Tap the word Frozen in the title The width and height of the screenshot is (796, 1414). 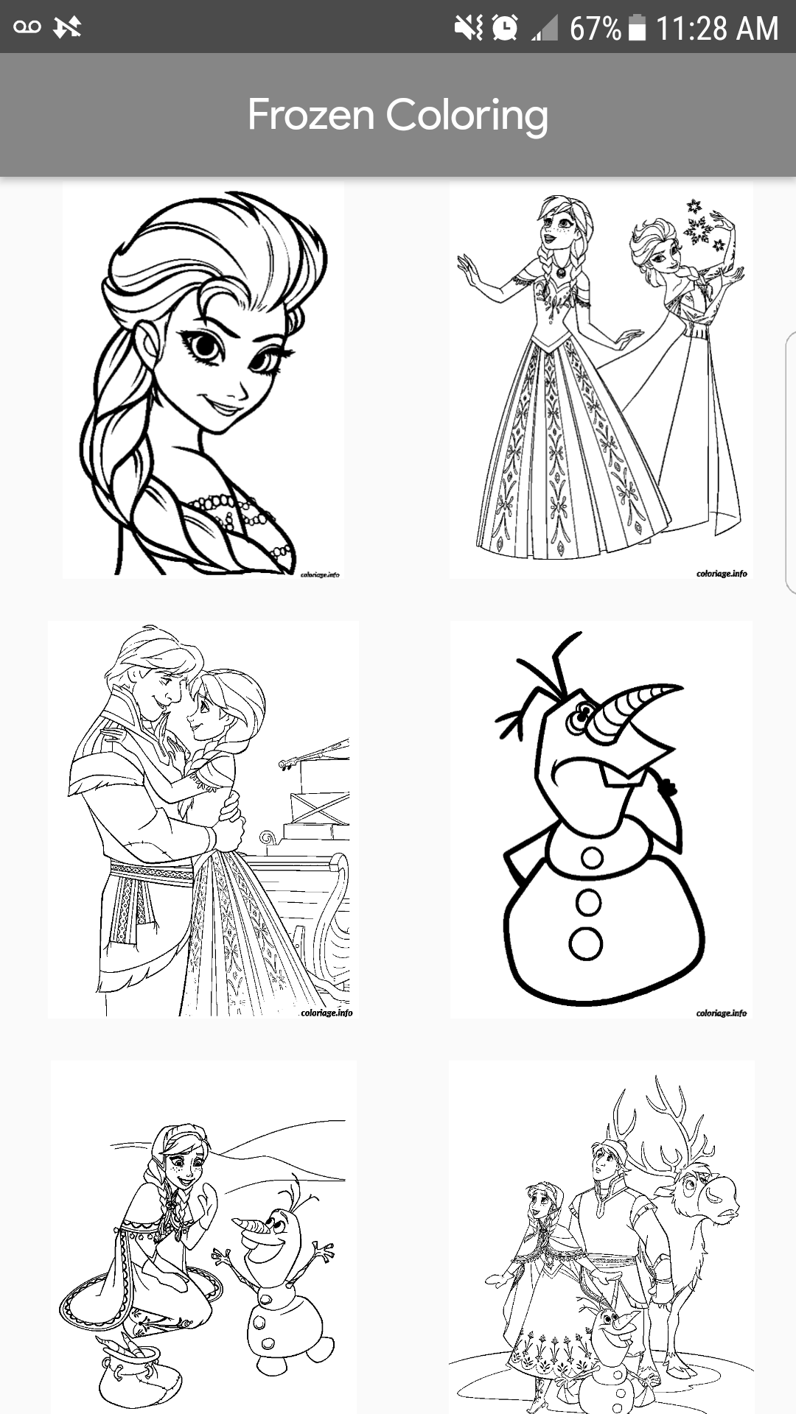[x=310, y=115]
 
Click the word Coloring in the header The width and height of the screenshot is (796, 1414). [x=467, y=116]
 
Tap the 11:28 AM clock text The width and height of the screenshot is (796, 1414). [x=716, y=29]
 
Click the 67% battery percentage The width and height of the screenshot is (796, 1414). [x=595, y=29]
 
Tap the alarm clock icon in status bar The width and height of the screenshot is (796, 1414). [x=505, y=28]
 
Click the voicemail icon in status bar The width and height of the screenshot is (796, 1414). [x=27, y=27]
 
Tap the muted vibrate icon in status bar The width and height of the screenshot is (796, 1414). [x=468, y=28]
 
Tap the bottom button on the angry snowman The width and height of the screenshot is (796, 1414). [x=586, y=943]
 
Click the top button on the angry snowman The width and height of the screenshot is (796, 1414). [x=592, y=857]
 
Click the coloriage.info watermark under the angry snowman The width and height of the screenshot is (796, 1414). [x=721, y=1013]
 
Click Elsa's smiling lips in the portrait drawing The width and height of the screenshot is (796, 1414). [x=225, y=405]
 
